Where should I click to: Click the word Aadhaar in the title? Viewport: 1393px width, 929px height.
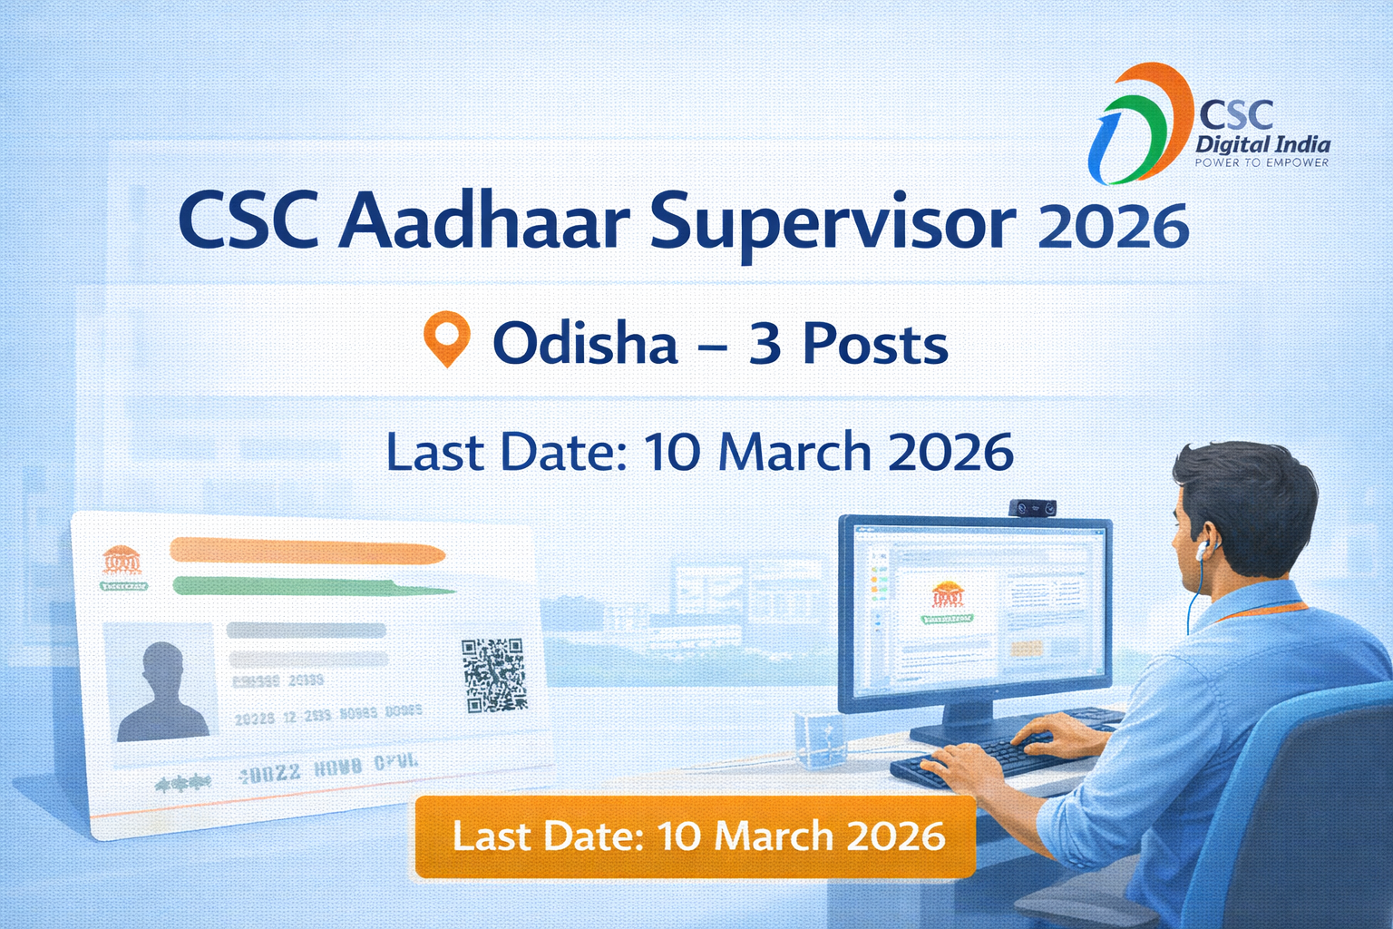(x=484, y=222)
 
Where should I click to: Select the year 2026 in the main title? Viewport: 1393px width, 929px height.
(x=1113, y=227)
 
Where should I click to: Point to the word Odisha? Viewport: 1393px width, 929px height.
(x=585, y=345)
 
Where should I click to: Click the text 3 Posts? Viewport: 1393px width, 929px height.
(x=848, y=345)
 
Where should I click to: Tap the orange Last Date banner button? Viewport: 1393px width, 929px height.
(x=696, y=836)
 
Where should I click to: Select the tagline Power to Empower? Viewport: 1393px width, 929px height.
(x=1261, y=163)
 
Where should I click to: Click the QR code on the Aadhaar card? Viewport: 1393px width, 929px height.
(x=493, y=675)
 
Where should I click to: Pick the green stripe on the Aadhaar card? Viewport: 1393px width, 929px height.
(x=308, y=586)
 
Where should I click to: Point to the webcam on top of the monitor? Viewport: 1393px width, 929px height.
(x=1032, y=508)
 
